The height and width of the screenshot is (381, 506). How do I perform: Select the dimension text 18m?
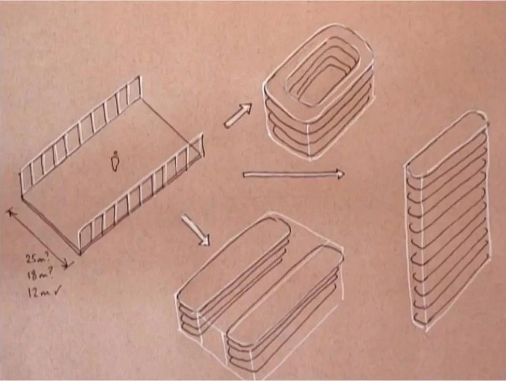[x=38, y=275]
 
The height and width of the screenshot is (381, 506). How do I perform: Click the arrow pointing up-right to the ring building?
[x=238, y=115]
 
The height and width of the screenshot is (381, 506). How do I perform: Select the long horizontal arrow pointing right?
[x=294, y=174]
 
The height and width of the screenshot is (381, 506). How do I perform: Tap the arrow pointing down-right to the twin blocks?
[x=196, y=230]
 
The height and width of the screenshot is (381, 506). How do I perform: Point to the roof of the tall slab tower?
[x=446, y=145]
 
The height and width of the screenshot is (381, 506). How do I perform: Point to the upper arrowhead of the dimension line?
[x=11, y=213]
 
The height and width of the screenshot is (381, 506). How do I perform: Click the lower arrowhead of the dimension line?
[x=66, y=264]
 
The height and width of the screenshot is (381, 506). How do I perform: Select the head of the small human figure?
[x=115, y=153]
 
